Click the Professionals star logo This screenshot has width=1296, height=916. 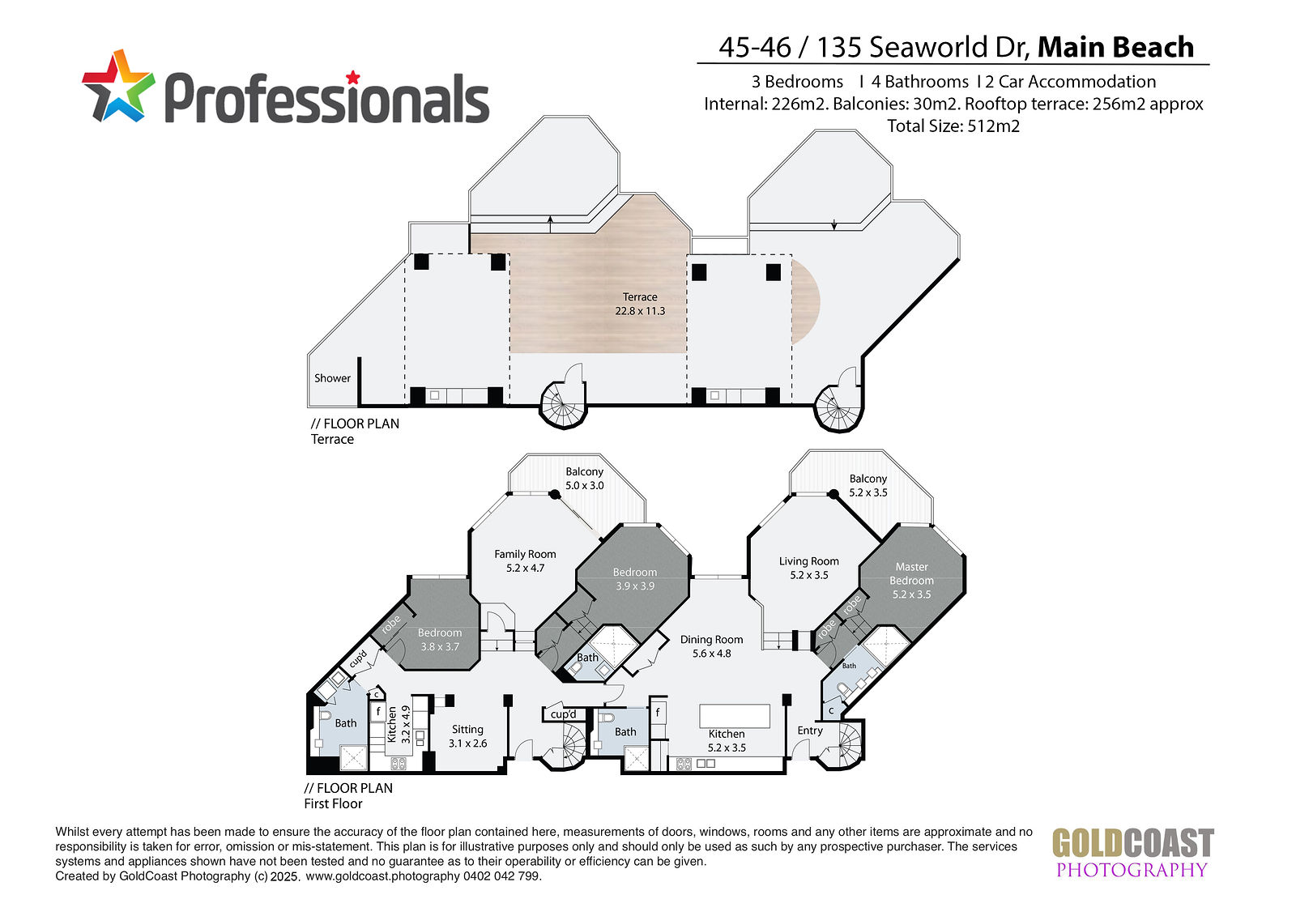click(x=118, y=86)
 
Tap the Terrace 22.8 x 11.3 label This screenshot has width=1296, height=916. click(x=640, y=304)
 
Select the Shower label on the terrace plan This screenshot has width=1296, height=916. click(x=332, y=378)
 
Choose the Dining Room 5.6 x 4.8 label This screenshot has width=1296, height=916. click(x=712, y=645)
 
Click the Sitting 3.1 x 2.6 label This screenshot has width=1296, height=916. click(x=467, y=736)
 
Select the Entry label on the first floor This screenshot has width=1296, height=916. click(x=809, y=731)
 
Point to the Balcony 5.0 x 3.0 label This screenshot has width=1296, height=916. click(x=584, y=479)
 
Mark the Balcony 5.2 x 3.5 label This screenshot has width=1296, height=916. click(x=868, y=485)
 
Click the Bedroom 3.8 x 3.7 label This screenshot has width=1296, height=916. click(x=440, y=639)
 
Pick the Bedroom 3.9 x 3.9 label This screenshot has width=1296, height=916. click(x=635, y=578)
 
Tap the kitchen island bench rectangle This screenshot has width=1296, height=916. click(x=734, y=716)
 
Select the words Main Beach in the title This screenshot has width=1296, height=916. click(x=1115, y=47)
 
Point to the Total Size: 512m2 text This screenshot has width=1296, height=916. click(x=953, y=126)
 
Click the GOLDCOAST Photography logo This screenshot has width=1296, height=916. click(x=1132, y=852)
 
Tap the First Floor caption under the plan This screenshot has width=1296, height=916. click(x=333, y=803)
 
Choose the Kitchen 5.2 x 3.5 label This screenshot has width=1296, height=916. click(x=727, y=741)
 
